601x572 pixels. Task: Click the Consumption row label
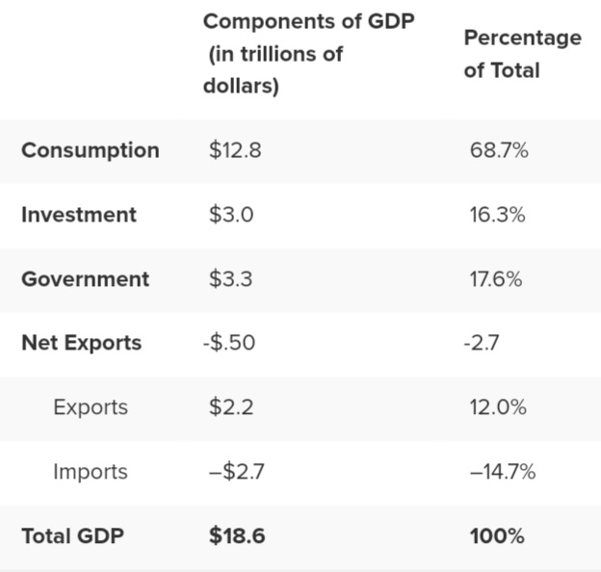pos(90,150)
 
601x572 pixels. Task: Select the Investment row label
pos(78,215)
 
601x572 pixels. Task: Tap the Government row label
pos(85,279)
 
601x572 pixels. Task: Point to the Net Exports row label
pos(81,343)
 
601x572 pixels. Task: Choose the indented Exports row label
pos(90,407)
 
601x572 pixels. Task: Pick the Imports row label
pos(90,472)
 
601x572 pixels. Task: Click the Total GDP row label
pos(72,536)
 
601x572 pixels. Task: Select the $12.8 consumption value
pos(234,150)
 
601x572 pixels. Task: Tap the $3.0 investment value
pos(231,215)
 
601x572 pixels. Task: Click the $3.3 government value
pos(231,279)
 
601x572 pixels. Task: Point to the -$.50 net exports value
pos(229,343)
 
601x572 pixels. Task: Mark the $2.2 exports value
pos(231,407)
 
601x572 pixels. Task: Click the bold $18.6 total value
pos(237,536)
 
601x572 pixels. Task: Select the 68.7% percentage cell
pos(499,150)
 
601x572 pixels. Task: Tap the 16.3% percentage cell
pos(497,215)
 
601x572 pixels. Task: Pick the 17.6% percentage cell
pos(496,279)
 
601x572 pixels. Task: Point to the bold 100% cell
pos(497,536)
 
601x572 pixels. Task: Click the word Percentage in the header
pos(522,38)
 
